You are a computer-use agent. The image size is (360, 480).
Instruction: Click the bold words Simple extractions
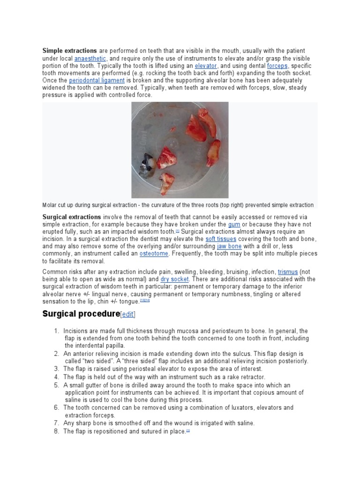click(69, 51)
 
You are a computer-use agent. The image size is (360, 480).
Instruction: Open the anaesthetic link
click(90, 58)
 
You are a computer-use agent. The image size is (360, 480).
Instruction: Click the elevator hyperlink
click(206, 66)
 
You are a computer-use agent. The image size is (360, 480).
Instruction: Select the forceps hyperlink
click(277, 66)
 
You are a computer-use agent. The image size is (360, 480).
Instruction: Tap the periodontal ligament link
click(97, 81)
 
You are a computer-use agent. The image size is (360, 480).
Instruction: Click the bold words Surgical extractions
click(72, 217)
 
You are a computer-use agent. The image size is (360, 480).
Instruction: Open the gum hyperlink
click(234, 225)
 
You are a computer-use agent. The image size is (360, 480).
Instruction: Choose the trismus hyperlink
click(288, 271)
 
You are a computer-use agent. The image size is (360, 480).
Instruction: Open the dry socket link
click(175, 279)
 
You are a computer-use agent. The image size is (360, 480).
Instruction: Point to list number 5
click(56, 385)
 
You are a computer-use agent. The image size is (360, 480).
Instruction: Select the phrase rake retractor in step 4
click(243, 377)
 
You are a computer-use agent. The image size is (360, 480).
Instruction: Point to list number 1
click(56, 331)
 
